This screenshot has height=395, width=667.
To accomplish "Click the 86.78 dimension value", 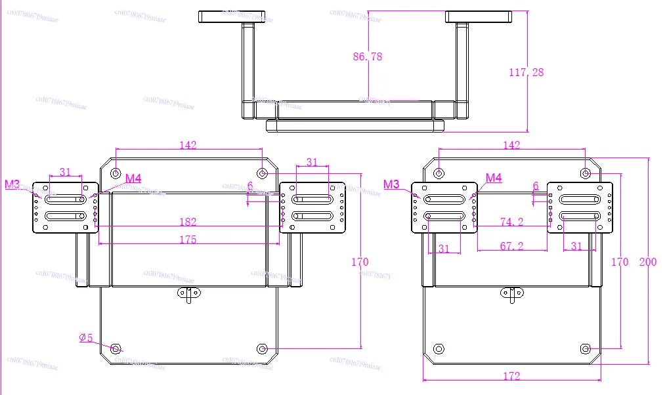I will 367,57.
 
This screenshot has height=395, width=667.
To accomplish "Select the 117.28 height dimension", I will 526,73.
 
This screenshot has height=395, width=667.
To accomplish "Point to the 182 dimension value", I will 188,222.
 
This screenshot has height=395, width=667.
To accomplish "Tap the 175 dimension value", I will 188,240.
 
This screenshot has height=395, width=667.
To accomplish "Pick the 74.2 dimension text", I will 511,222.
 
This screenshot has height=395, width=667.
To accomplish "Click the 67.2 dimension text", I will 511,246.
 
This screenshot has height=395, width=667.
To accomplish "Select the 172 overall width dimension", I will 511,376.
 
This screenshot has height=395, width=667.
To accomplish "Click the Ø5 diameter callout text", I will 86,338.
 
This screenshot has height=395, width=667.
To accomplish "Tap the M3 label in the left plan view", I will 12,184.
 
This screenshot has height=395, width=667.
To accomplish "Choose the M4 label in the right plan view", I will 494,178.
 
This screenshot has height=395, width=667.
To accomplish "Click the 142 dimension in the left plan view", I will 188,145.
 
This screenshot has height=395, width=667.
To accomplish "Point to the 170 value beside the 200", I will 620,262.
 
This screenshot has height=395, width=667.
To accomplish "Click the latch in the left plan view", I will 189,295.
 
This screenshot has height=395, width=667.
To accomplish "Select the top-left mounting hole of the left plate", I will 116,173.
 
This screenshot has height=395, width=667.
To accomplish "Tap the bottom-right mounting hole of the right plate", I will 586,348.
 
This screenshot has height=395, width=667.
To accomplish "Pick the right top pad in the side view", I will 478,16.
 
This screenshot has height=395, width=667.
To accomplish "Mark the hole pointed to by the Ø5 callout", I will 116,348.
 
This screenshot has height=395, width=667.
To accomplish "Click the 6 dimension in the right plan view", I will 536,186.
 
